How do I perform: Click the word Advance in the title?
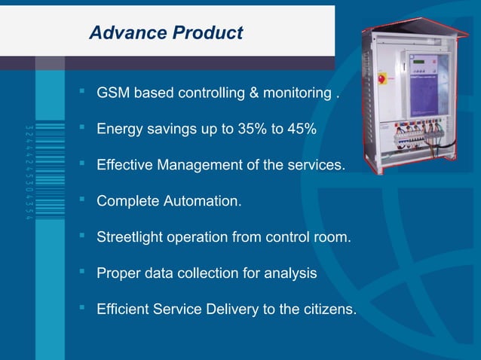126,33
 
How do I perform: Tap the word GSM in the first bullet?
113,94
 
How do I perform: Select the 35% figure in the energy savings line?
250,130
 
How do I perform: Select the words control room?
311,237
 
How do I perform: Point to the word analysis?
290,273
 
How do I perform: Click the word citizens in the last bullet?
329,309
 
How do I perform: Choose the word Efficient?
123,309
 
